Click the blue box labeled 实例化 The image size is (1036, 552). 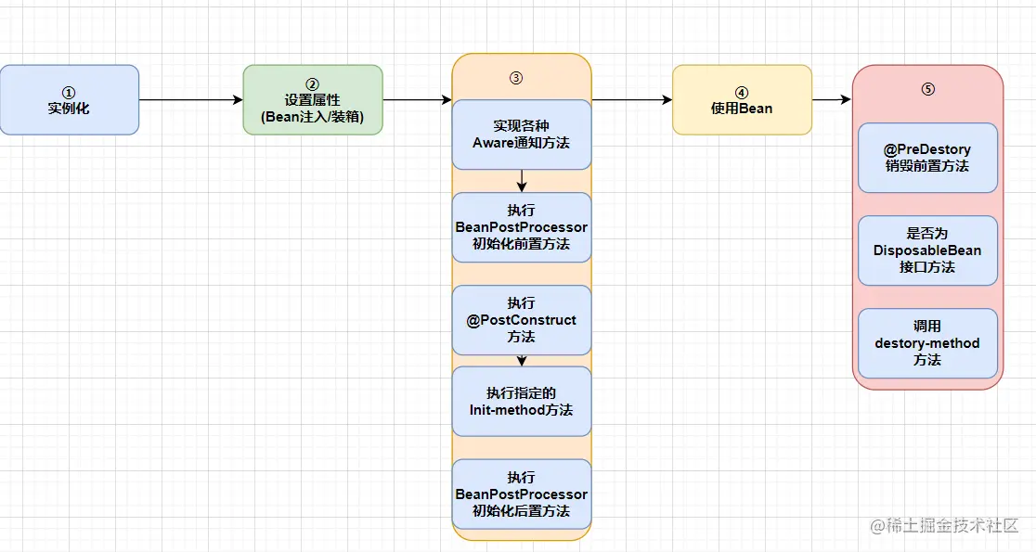tap(69, 100)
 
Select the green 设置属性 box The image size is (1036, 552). tap(313, 100)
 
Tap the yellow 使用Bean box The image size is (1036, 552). tap(742, 100)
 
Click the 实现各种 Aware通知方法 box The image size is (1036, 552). tap(521, 135)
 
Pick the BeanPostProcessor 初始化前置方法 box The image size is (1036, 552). tap(521, 227)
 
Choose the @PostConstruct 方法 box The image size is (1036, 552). tap(521, 320)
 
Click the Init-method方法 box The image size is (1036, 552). tap(521, 401)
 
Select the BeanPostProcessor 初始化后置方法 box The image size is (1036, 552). tap(521, 494)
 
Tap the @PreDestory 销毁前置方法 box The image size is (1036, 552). tap(927, 158)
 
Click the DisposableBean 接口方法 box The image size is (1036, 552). tap(927, 250)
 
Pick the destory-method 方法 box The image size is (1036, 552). tap(927, 343)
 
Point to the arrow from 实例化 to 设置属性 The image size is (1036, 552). tap(190, 100)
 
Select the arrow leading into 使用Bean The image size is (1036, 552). tap(631, 100)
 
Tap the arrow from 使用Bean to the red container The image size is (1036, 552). tap(832, 100)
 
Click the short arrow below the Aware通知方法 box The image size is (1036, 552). tap(522, 182)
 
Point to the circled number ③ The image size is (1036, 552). tap(516, 77)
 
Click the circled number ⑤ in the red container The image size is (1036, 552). tap(927, 89)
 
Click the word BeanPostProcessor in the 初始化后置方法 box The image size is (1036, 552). tap(521, 494)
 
